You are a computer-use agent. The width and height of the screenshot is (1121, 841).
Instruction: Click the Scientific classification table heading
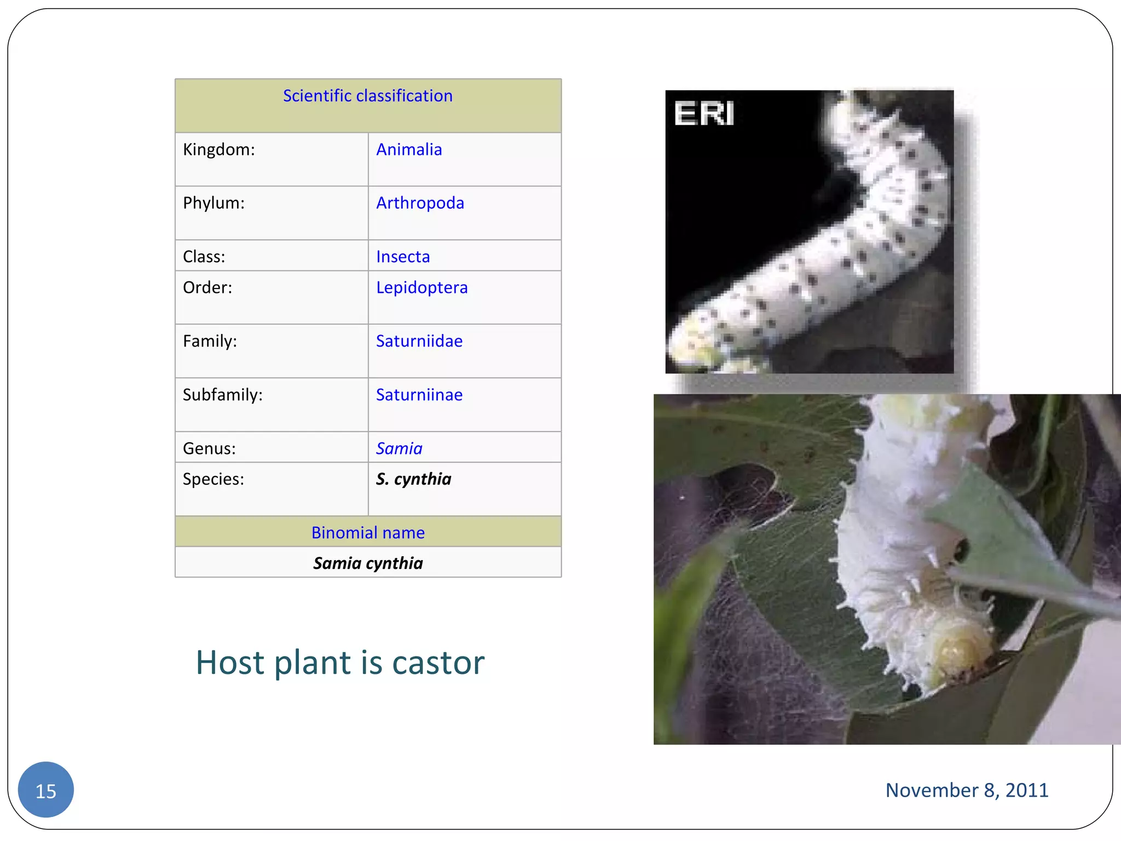367,96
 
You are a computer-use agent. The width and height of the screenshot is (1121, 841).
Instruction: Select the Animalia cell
409,149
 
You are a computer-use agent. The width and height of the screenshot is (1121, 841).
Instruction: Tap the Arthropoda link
420,203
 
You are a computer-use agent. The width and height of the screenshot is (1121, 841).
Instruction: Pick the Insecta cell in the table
403,256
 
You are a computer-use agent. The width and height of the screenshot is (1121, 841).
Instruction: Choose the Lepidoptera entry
421,287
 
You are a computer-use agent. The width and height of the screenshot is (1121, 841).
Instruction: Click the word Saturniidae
419,341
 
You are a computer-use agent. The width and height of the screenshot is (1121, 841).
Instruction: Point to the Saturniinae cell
419,395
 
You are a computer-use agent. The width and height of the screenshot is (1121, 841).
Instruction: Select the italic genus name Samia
399,448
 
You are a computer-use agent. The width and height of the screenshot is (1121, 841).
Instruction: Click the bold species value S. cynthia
413,479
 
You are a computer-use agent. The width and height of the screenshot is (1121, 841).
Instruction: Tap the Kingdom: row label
218,149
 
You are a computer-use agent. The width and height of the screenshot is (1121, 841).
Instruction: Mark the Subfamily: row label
222,395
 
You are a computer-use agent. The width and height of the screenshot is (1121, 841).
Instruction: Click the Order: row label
207,287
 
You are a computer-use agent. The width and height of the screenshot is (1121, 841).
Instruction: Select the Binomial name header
368,532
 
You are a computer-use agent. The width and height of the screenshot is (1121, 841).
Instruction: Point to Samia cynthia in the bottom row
368,563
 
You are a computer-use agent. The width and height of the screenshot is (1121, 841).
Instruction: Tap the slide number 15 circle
46,790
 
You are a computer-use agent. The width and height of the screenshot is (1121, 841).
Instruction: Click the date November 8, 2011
967,790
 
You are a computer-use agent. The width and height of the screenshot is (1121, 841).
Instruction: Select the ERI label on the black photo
704,113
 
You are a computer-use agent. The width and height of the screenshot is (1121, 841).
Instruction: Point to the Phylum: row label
213,203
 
